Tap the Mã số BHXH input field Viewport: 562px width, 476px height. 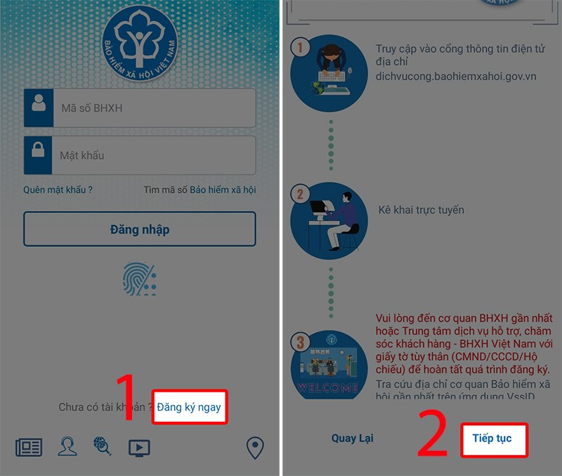click(x=153, y=108)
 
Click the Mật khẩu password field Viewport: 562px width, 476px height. click(x=153, y=155)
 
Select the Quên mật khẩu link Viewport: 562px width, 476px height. click(x=58, y=190)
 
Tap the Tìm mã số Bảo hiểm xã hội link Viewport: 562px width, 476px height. click(x=200, y=190)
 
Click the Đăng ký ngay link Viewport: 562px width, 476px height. click(x=189, y=407)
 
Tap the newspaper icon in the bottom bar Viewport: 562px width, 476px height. click(x=29, y=447)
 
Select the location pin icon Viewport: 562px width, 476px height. click(x=254, y=447)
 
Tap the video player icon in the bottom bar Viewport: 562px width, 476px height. click(x=138, y=447)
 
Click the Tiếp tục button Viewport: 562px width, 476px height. click(x=492, y=439)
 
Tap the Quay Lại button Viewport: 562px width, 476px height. click(x=353, y=439)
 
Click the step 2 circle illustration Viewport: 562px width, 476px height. click(x=329, y=221)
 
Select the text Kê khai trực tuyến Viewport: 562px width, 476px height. click(x=421, y=210)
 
